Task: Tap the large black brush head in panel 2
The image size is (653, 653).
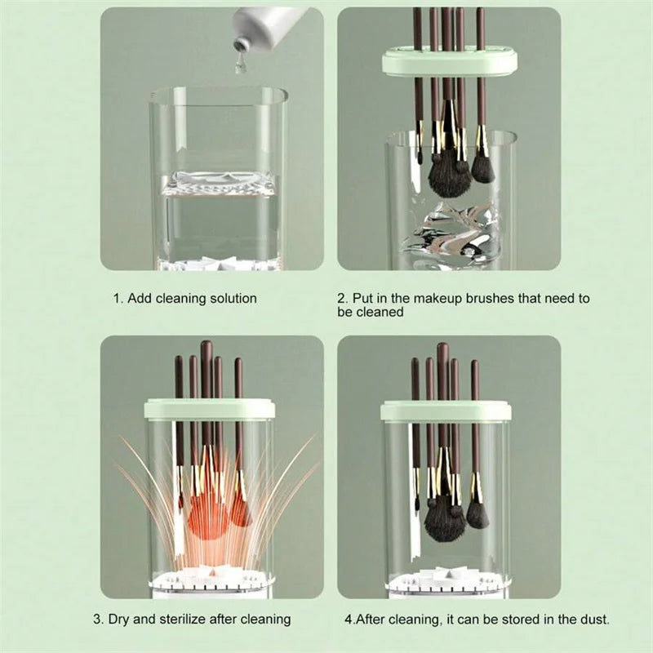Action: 448,176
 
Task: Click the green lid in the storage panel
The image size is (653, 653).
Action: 446,410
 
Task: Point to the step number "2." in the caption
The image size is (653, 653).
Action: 343,299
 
